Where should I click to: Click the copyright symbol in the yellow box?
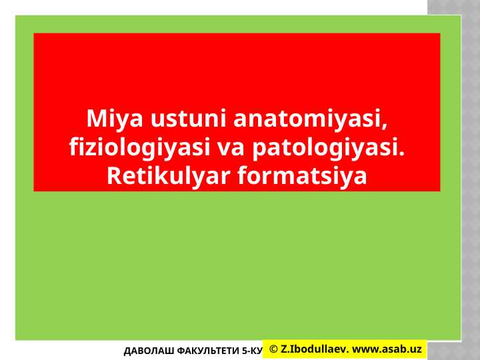pyautogui.click(x=273, y=349)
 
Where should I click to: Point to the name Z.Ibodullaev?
pyautogui.click(x=314, y=349)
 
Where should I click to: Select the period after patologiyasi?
pyautogui.click(x=403, y=153)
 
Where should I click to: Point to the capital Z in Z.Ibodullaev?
pyautogui.click(x=284, y=349)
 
